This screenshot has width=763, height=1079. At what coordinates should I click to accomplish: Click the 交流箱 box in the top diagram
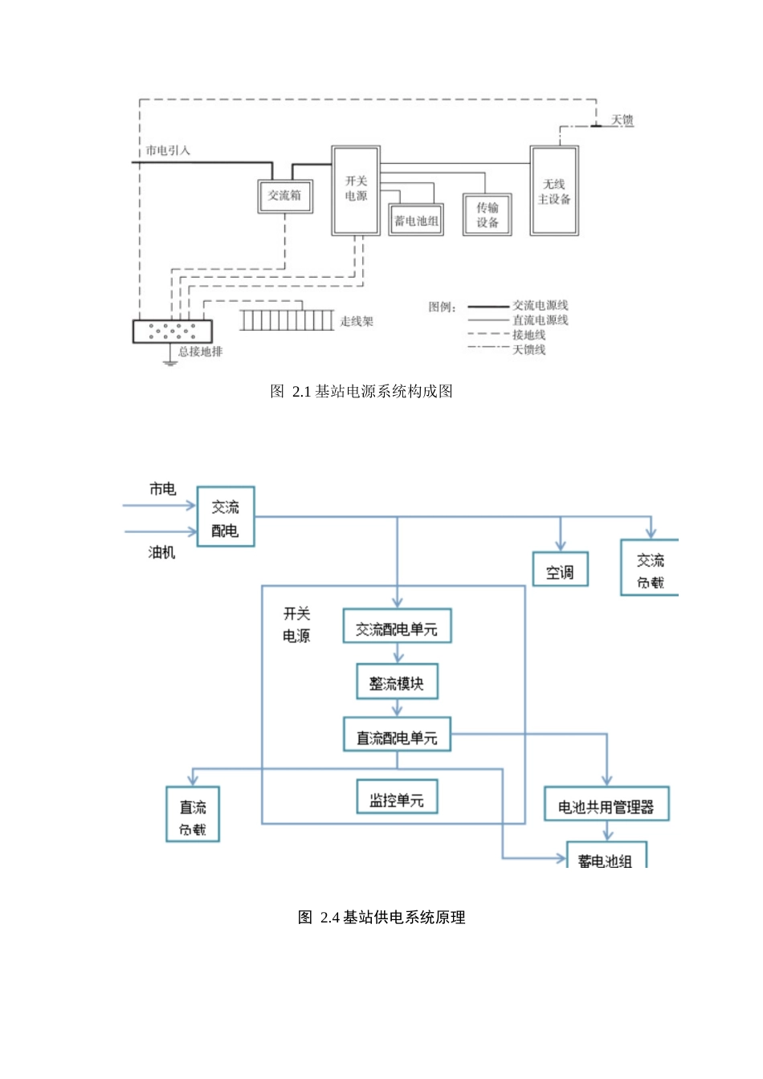[x=285, y=196]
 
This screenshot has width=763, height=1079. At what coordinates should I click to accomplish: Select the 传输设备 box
[x=487, y=214]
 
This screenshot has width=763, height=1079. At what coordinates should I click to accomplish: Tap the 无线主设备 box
[x=554, y=191]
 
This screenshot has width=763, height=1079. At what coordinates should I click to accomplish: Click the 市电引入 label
[x=168, y=151]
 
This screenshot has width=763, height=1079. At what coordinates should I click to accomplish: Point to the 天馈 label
[x=622, y=120]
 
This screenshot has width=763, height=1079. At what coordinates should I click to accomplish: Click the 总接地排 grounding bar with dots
[x=173, y=331]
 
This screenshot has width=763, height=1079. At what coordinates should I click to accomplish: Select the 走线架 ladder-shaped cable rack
[x=287, y=321]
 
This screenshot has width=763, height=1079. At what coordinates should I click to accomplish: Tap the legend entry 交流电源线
[x=540, y=306]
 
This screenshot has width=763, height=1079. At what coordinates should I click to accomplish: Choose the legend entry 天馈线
[x=528, y=350]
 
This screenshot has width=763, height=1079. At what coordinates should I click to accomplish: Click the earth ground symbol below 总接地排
[x=169, y=362]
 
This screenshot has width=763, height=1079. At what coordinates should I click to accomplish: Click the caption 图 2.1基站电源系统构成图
[x=361, y=392]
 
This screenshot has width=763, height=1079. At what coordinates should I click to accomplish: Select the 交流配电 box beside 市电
[x=226, y=518]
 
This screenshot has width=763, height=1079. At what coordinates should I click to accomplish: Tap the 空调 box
[x=560, y=569]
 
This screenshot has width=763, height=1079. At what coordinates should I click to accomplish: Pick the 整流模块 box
[x=397, y=682]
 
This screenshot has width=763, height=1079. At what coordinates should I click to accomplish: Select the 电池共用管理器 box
[x=606, y=804]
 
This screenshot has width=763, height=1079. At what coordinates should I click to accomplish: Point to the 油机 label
[x=161, y=552]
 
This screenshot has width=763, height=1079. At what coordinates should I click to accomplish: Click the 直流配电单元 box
[x=397, y=735]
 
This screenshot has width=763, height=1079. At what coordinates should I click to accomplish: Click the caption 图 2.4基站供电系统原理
[x=381, y=918]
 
